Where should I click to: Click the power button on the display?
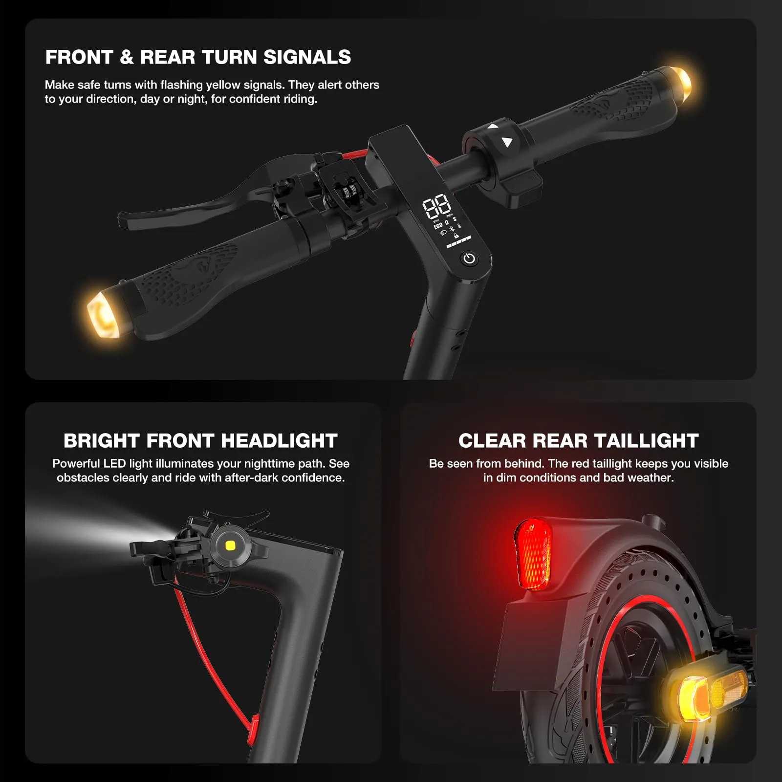coord(469,259)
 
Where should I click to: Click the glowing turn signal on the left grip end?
coord(104,312)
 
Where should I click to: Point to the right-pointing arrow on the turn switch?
coord(507,142)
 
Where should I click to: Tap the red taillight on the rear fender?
coord(533,554)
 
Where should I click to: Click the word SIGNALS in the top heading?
coord(307,57)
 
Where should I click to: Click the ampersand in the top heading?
coord(127,57)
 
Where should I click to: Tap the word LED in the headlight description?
coord(114,463)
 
